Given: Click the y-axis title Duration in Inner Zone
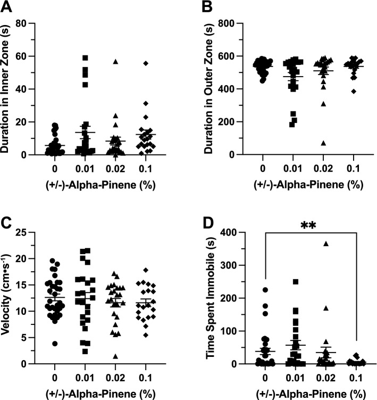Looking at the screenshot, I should pos(10,89).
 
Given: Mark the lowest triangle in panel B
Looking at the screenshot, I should pos(308,143).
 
